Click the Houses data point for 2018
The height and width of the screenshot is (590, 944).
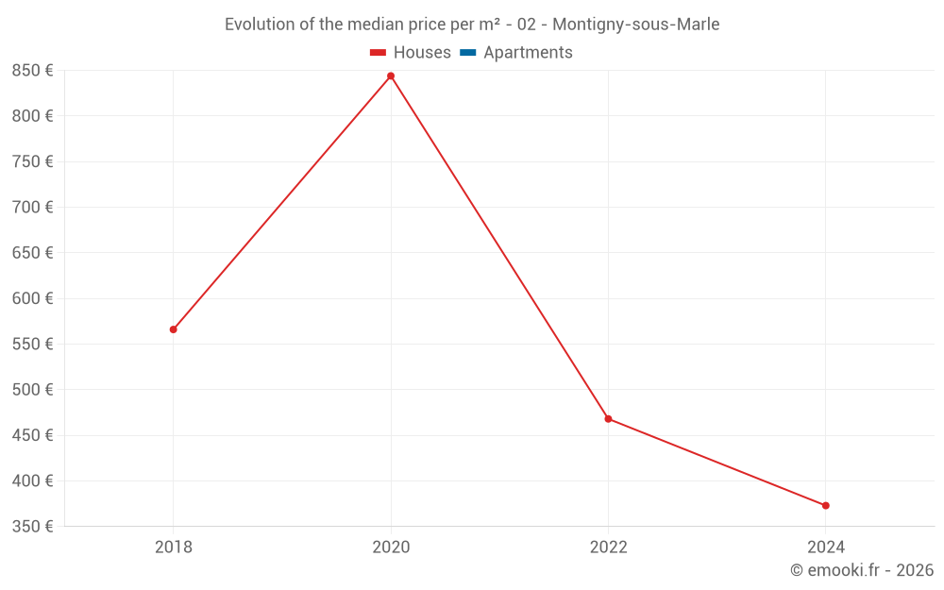[x=174, y=329]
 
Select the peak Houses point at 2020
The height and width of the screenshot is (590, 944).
[x=391, y=76]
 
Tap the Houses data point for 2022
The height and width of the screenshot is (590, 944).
[x=608, y=418]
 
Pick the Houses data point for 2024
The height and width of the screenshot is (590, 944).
[x=825, y=505]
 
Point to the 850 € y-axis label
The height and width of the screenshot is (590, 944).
[x=32, y=71]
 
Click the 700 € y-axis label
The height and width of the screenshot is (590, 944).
[x=32, y=208]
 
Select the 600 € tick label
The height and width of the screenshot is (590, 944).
[x=32, y=298]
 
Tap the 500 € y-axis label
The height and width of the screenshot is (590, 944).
[x=32, y=390]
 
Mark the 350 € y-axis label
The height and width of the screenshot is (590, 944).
[x=32, y=527]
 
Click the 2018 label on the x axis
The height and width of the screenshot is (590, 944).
[x=174, y=547]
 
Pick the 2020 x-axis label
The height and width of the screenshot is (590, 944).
[x=391, y=547]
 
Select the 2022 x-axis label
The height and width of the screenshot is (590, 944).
[x=608, y=547]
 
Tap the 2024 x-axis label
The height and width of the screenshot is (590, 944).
[x=825, y=547]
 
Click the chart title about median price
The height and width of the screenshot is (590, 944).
[x=472, y=25]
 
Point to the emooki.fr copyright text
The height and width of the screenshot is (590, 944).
[x=862, y=570]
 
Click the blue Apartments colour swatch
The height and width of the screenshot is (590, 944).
[x=467, y=53]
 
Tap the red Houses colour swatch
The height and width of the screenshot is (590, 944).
[x=378, y=53]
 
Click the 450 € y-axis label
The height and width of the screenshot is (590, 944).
[x=32, y=435]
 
